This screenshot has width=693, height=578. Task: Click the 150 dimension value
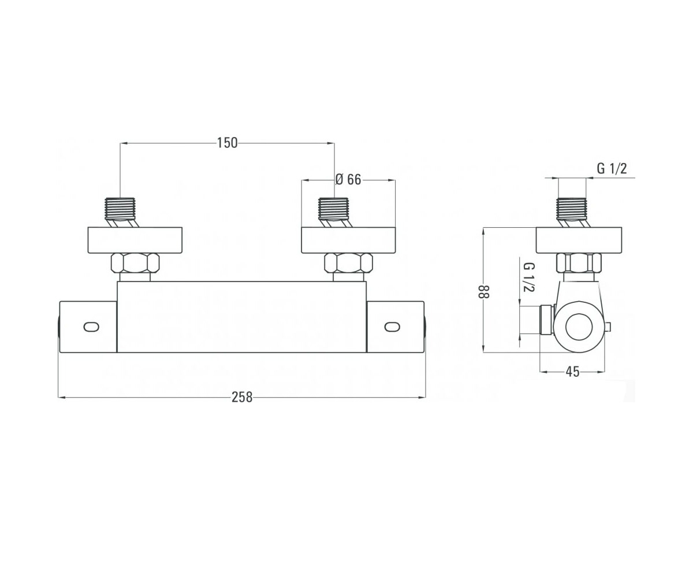pos(228,143)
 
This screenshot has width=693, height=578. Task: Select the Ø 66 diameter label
pos(348,180)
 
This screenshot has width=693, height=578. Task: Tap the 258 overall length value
pos(242,397)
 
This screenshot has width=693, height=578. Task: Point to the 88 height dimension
pos(483,292)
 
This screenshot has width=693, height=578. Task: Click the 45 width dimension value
pos(572,372)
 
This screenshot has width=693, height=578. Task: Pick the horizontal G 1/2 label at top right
pos(612,169)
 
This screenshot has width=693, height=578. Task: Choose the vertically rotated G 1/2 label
pos(529,277)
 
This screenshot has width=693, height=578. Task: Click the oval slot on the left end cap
pos(91,327)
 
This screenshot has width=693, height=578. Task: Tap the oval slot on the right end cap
pos(392,327)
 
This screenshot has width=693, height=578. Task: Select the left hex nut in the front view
pos(135,263)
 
